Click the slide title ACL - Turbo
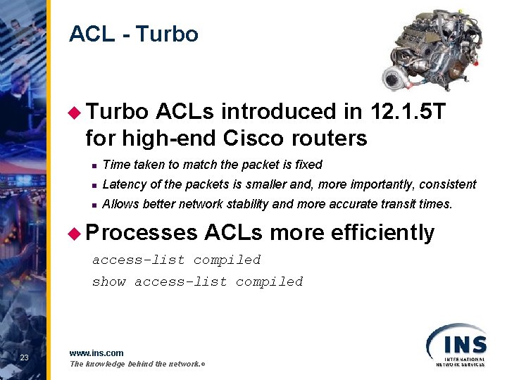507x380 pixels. click(x=134, y=34)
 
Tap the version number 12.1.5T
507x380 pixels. click(x=401, y=112)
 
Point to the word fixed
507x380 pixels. click(x=307, y=165)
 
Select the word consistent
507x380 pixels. click(x=448, y=184)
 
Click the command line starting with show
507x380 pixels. click(x=197, y=281)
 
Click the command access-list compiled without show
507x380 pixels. click(x=177, y=260)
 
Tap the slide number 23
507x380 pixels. click(x=25, y=358)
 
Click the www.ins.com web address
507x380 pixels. click(x=96, y=353)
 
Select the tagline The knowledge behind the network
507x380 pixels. click(x=137, y=364)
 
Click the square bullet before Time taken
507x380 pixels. click(x=92, y=165)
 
